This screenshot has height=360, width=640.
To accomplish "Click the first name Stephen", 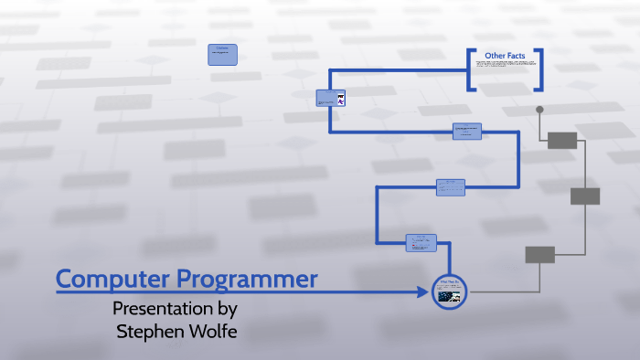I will (150, 331).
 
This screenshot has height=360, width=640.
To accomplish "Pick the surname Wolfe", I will (212, 331).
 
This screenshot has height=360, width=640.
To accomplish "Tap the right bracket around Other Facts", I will (538, 69).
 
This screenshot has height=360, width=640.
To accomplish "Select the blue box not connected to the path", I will (222, 54).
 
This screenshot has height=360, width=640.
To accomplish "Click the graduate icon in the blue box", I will (340, 99).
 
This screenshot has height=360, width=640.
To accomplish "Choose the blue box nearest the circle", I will (421, 242).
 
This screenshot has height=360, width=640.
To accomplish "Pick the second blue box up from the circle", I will (451, 186).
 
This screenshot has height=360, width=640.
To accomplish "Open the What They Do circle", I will (449, 291).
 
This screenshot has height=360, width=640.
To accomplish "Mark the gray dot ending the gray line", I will (539, 110).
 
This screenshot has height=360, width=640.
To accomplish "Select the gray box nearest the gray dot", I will (562, 140).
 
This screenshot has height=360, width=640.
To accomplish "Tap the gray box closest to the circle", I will (539, 254).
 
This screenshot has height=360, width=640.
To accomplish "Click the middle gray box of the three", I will (585, 196).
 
